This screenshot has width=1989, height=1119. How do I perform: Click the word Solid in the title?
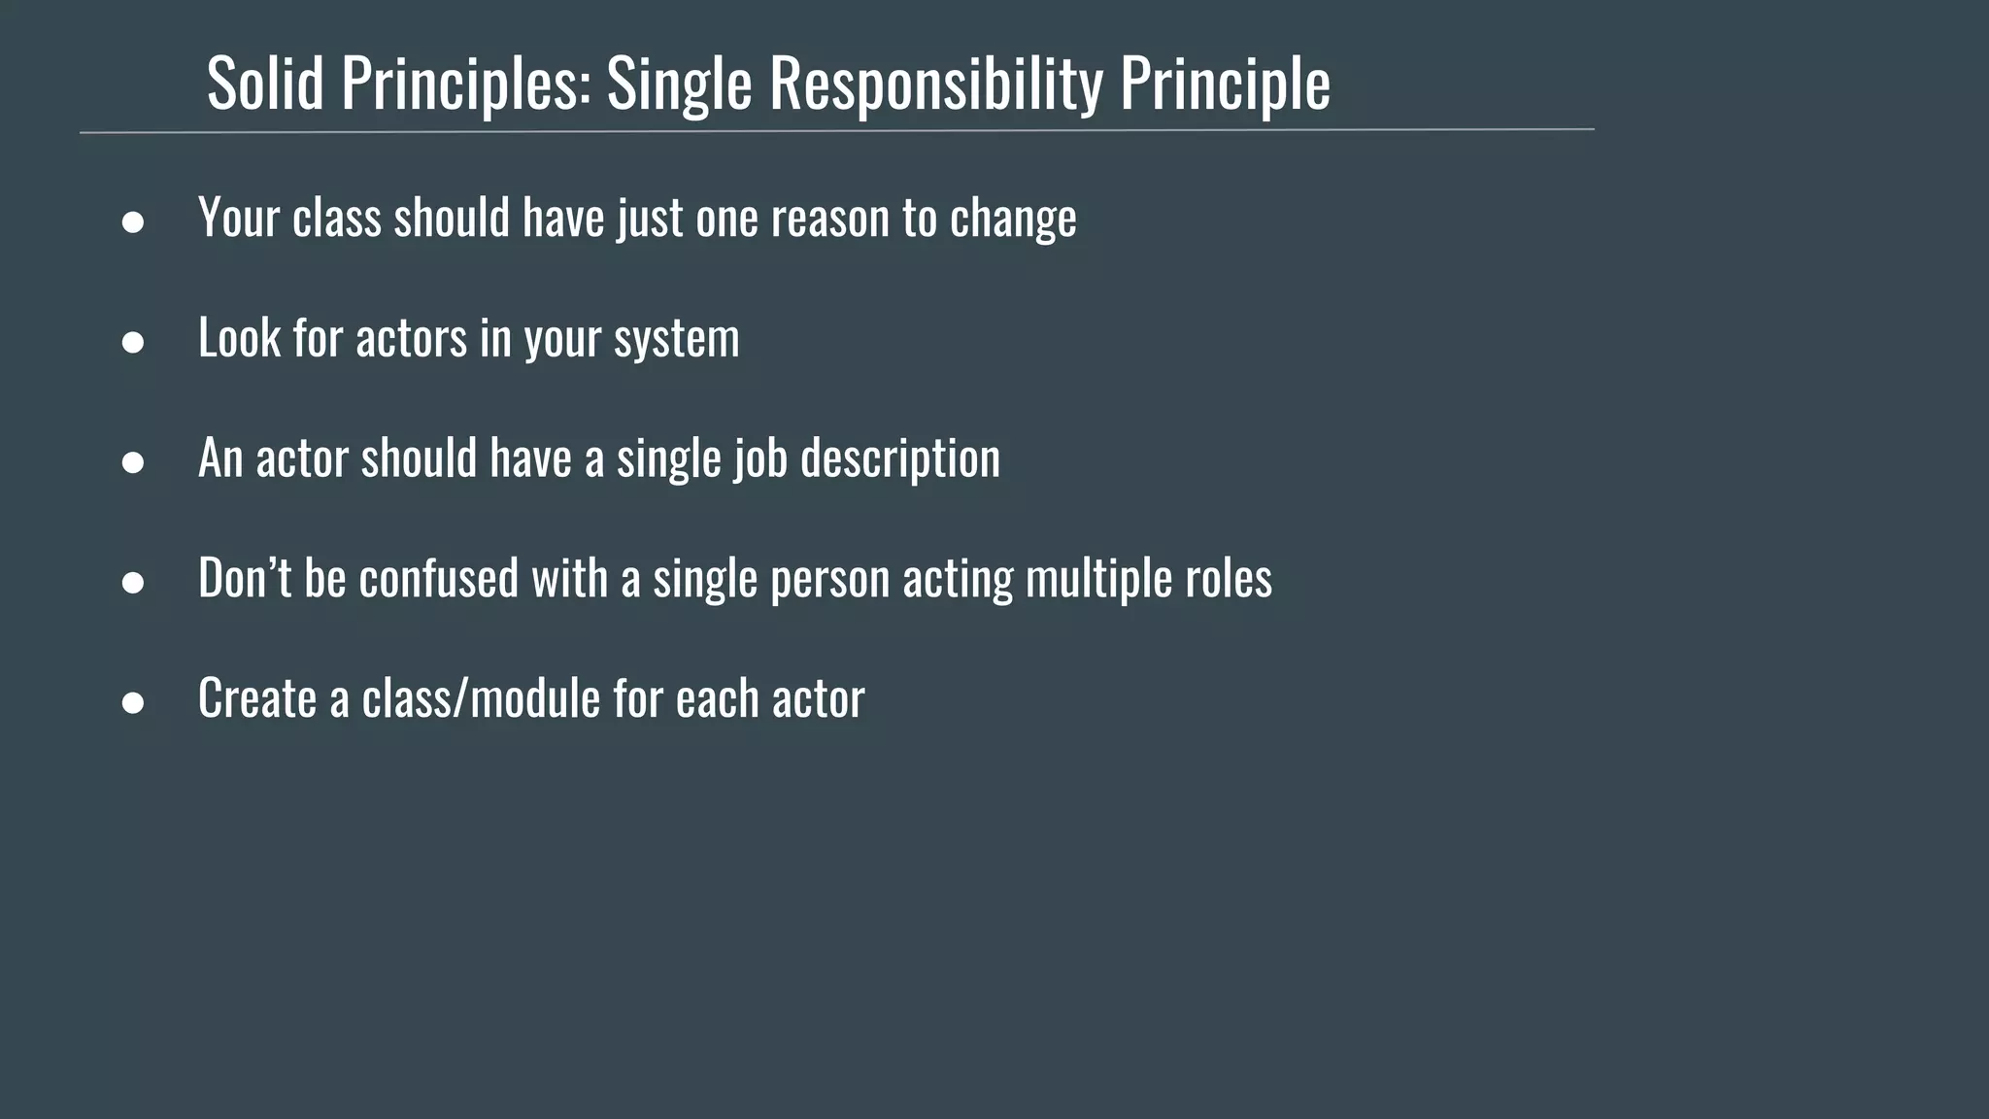point(265,84)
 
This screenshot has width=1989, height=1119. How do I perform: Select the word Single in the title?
point(679,84)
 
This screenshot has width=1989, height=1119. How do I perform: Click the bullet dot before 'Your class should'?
point(133,222)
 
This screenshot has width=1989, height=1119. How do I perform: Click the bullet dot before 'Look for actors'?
point(133,342)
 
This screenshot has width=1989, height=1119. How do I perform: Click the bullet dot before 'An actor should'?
point(133,462)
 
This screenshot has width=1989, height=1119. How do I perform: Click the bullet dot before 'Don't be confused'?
point(133,583)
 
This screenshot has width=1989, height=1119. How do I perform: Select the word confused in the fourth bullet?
point(439,577)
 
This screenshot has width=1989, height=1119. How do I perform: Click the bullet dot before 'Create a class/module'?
point(133,702)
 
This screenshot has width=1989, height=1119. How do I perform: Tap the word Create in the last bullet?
point(257,697)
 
